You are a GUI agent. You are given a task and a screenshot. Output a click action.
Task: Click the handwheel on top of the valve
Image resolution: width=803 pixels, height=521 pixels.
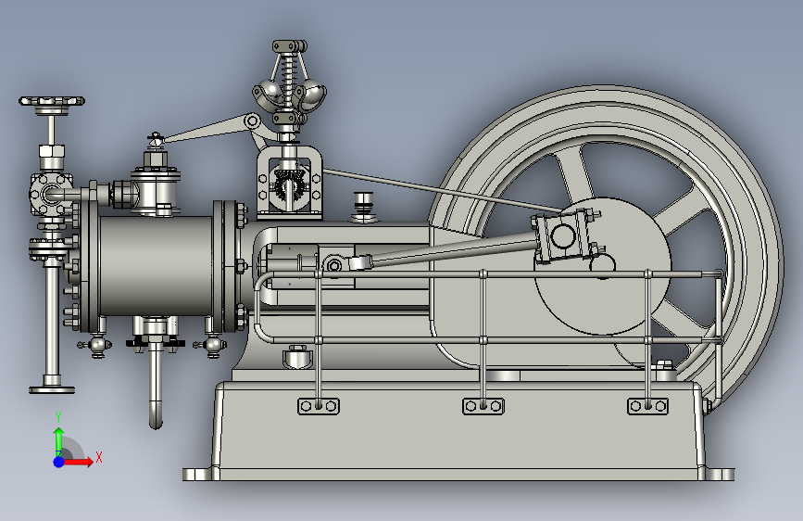(52, 102)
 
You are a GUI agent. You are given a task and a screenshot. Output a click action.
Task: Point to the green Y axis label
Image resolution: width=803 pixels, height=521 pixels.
(58, 417)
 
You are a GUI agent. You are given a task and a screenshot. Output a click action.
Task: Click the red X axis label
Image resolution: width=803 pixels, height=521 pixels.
(99, 457)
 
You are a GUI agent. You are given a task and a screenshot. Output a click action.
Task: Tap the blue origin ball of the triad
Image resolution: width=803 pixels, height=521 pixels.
(59, 462)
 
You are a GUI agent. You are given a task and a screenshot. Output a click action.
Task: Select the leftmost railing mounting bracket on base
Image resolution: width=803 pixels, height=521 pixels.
(319, 406)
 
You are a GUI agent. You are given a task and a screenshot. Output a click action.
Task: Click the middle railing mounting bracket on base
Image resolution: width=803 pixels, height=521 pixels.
(483, 406)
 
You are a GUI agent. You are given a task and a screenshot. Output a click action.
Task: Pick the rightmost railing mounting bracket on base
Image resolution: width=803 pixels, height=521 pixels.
(647, 406)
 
